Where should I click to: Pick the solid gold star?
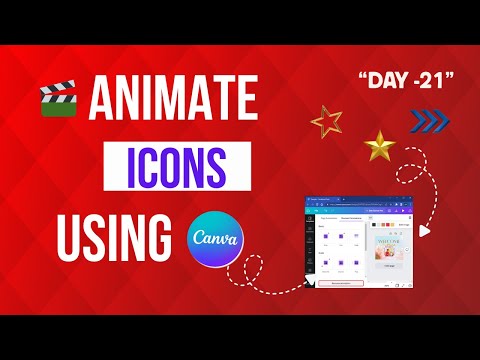coord(379,147)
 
